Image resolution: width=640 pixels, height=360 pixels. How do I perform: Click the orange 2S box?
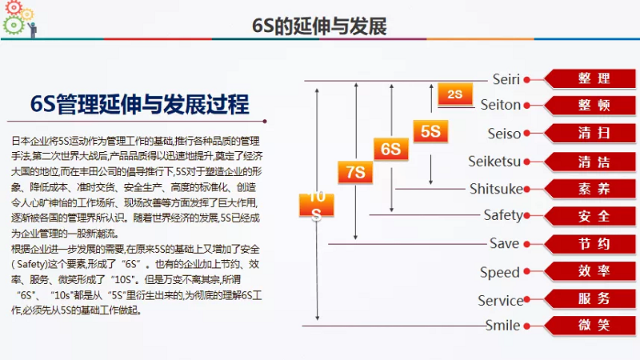(x=455, y=94)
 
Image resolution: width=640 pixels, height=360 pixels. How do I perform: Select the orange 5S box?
(x=430, y=131)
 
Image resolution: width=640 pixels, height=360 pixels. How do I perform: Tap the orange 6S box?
(x=390, y=150)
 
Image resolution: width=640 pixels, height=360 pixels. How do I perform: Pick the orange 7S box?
(x=356, y=172)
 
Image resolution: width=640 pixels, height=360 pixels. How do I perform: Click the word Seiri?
(x=506, y=78)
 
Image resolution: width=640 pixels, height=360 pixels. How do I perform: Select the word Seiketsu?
(x=494, y=162)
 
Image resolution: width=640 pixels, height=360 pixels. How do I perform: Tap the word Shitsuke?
(x=496, y=189)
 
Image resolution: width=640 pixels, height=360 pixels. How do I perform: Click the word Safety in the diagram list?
(x=503, y=215)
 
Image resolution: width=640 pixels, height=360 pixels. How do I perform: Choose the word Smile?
(x=503, y=326)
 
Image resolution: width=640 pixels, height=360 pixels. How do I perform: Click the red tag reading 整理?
(x=593, y=78)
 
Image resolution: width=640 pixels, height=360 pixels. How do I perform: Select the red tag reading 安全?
(x=593, y=216)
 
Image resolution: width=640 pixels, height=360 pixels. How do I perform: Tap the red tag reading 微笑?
(x=593, y=326)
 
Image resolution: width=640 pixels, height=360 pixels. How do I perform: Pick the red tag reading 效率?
(x=593, y=271)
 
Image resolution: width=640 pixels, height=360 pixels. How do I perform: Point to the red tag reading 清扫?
(x=593, y=133)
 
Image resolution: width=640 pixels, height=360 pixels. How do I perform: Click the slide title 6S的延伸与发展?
(x=319, y=26)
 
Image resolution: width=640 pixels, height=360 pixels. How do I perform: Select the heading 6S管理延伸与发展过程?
(x=139, y=105)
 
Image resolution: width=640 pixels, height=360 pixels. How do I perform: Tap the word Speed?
(x=500, y=273)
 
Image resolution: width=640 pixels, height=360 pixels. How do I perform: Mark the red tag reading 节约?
(x=593, y=243)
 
